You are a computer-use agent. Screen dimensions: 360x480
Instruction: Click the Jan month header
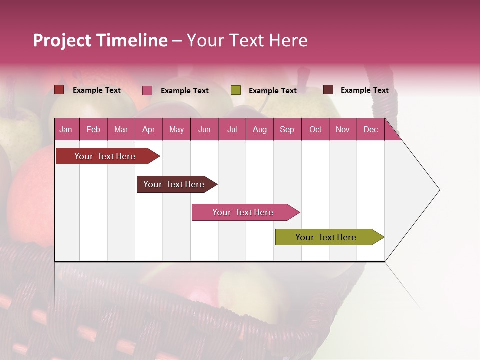(x=66, y=129)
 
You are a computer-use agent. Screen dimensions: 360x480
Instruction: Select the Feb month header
(x=93, y=129)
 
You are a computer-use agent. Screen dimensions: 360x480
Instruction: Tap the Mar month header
(x=121, y=129)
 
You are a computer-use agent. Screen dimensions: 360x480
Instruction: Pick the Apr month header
(x=149, y=129)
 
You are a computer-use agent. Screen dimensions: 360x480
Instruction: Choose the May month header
(x=176, y=129)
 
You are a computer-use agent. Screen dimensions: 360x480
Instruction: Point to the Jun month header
(x=204, y=129)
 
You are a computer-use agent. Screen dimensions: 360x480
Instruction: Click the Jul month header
(x=232, y=129)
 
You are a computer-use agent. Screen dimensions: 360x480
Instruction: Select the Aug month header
(x=260, y=129)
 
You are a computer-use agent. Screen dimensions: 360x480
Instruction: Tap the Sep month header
(x=287, y=129)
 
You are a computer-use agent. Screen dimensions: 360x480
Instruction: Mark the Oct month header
(x=315, y=129)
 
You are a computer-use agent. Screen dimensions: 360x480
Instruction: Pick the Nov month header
(x=343, y=129)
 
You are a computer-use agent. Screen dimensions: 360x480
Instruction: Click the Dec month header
(x=371, y=129)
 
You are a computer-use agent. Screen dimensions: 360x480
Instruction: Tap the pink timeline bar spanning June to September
(x=243, y=212)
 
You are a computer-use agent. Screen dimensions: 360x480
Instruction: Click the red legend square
(x=59, y=90)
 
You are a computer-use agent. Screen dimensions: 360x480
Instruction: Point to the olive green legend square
(x=236, y=90)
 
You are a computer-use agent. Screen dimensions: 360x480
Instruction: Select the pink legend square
(x=147, y=90)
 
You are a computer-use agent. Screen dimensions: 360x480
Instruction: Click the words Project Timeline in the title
(x=100, y=40)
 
